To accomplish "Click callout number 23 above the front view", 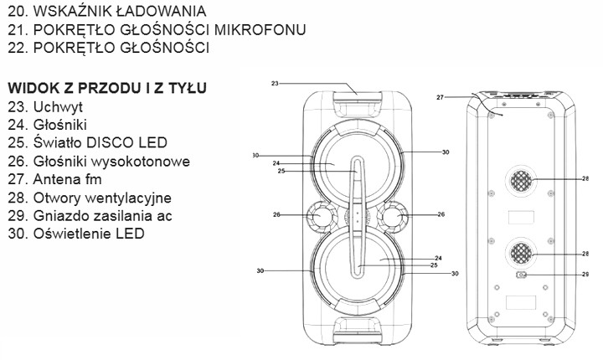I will coord(274,83).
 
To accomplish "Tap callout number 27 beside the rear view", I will coord(440,98).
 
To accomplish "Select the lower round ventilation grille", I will coord(520,253).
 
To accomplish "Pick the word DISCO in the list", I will coord(105,142).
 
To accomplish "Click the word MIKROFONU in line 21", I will coord(260,30).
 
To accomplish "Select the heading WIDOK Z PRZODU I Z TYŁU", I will coord(106,88).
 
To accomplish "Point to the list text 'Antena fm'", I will coord(64,179).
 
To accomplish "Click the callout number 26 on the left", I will coord(276,215).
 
